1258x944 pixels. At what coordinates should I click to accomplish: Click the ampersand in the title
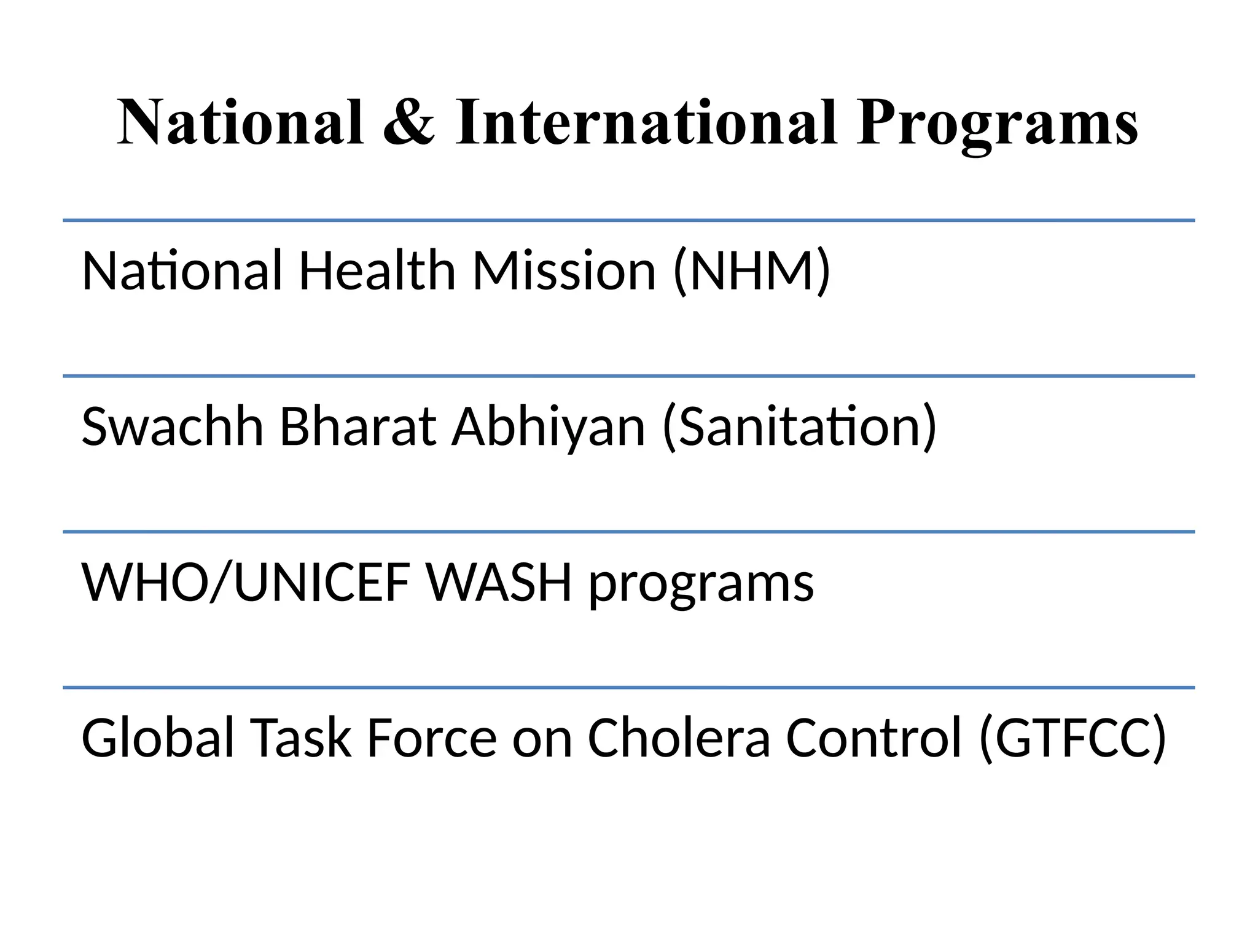(x=409, y=123)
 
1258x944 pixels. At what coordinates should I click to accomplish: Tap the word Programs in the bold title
(x=998, y=126)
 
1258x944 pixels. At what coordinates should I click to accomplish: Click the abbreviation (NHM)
(x=752, y=272)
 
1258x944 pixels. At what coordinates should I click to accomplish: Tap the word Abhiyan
(x=549, y=427)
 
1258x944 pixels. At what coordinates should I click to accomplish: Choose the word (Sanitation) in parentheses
(x=800, y=427)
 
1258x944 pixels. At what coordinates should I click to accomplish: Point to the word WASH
(x=499, y=582)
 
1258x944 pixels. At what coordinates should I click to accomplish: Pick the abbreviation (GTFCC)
(x=1072, y=738)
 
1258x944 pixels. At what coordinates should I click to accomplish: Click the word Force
(x=431, y=737)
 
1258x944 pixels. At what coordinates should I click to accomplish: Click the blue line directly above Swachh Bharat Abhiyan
(x=628, y=376)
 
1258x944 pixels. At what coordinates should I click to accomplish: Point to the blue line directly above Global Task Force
(x=628, y=688)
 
